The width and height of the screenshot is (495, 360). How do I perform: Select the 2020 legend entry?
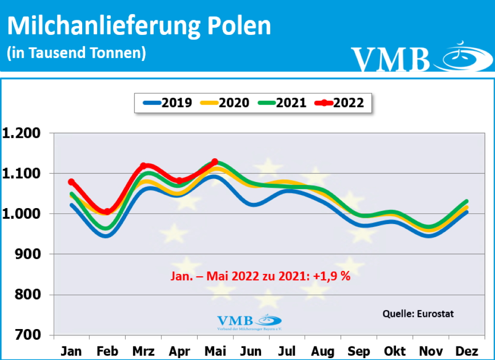225,103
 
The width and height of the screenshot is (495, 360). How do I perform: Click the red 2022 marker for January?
72,182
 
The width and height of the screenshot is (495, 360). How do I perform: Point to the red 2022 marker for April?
179,181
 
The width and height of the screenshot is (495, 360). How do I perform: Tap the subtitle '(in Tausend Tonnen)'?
76,53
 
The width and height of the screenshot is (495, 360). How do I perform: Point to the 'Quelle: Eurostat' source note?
418,314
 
